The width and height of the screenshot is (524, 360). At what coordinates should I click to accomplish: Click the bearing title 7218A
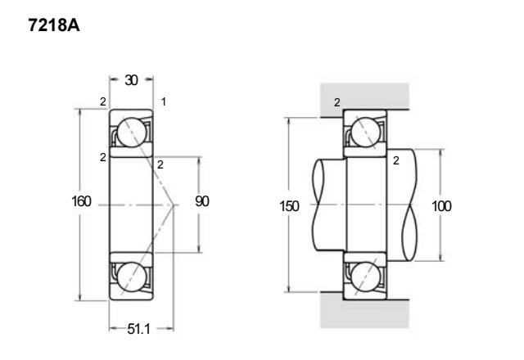54,25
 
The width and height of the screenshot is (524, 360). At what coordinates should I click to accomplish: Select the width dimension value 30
131,80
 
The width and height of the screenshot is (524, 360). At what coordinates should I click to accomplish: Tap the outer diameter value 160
81,201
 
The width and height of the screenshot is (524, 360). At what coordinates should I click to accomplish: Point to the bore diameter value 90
202,201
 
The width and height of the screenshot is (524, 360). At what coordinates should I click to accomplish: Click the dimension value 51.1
138,329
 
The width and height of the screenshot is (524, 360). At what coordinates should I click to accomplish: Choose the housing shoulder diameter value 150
289,206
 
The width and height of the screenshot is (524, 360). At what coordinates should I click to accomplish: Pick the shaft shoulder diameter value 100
441,206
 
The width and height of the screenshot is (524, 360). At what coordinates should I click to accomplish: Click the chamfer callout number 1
164,101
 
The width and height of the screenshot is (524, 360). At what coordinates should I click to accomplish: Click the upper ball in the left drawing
132,133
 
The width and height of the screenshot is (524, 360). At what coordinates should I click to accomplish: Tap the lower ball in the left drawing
132,277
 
